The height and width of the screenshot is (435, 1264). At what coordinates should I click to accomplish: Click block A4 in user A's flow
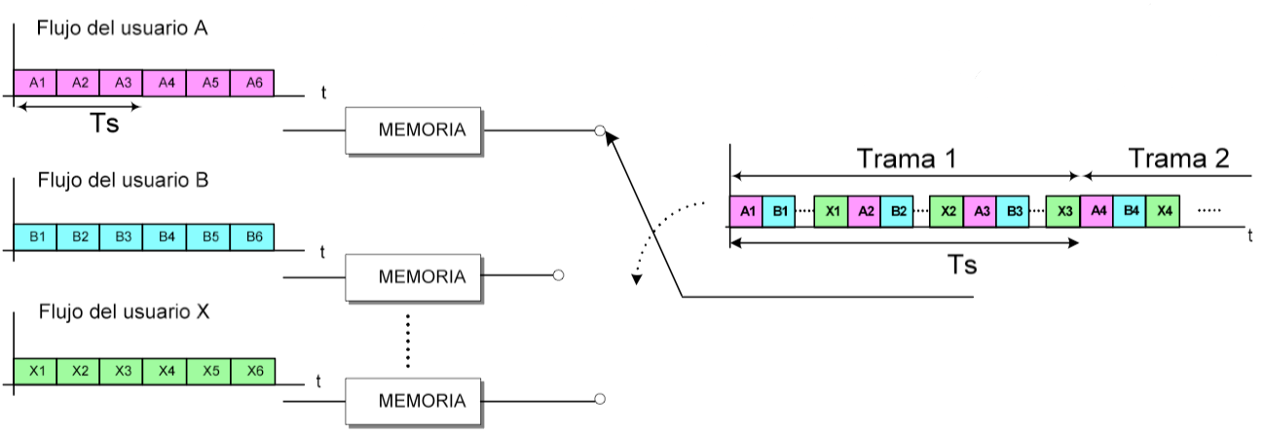(x=166, y=83)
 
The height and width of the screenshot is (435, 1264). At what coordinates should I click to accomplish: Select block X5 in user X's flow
(x=209, y=371)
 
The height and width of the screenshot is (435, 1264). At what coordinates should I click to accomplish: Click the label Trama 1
(x=906, y=158)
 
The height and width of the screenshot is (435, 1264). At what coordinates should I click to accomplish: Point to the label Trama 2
(x=1178, y=158)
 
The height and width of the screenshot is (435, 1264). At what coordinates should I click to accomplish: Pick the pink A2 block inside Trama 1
(x=864, y=211)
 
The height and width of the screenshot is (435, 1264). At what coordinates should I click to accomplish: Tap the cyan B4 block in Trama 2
(x=1130, y=211)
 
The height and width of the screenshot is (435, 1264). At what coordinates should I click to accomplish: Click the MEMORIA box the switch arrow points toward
(x=415, y=129)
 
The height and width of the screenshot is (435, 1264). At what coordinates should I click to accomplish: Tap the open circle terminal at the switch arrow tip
(x=600, y=130)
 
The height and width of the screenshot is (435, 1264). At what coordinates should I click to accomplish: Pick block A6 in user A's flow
(x=252, y=83)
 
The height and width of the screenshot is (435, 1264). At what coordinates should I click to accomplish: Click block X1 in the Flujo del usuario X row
(x=36, y=371)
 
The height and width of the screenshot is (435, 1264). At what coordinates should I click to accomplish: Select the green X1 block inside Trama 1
(x=831, y=211)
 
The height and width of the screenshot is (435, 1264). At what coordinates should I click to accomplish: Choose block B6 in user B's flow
(x=252, y=236)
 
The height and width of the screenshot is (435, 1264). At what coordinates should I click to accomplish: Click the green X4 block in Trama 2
(x=1163, y=211)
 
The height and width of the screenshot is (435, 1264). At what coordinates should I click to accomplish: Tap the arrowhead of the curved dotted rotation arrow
(x=637, y=281)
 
